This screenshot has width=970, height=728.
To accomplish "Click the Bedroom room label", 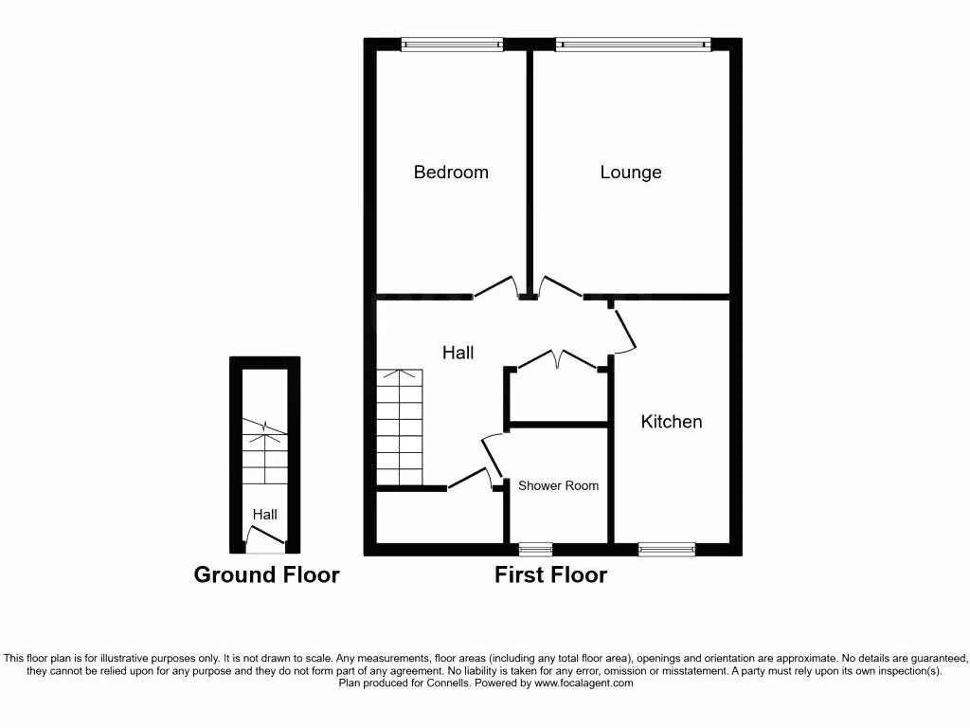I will point(451,172).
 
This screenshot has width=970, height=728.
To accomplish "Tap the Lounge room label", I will point(630,172).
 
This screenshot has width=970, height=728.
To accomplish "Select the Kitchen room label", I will point(672,421).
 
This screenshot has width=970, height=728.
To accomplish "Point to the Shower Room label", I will point(558,485).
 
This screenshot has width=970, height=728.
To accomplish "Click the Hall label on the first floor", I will point(458,352).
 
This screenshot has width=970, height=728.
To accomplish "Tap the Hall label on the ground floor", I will point(264,514).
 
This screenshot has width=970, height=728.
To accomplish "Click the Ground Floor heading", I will point(266,574).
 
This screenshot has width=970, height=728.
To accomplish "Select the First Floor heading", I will point(550,574).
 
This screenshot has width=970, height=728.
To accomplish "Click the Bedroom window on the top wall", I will point(452,44).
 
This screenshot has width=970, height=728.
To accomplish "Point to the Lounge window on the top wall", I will point(632,44).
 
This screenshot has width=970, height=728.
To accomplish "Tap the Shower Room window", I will point(535,549).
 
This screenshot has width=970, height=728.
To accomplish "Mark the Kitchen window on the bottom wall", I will point(666,549).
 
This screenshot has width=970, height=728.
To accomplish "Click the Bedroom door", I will point(495,287).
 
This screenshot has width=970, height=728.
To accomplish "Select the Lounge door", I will point(560,287).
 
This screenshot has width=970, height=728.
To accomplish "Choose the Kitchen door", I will point(624,329).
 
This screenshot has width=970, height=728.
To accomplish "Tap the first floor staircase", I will point(400,428).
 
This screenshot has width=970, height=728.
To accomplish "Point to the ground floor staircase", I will point(264,455).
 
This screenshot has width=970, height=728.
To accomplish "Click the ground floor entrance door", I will point(264,543).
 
